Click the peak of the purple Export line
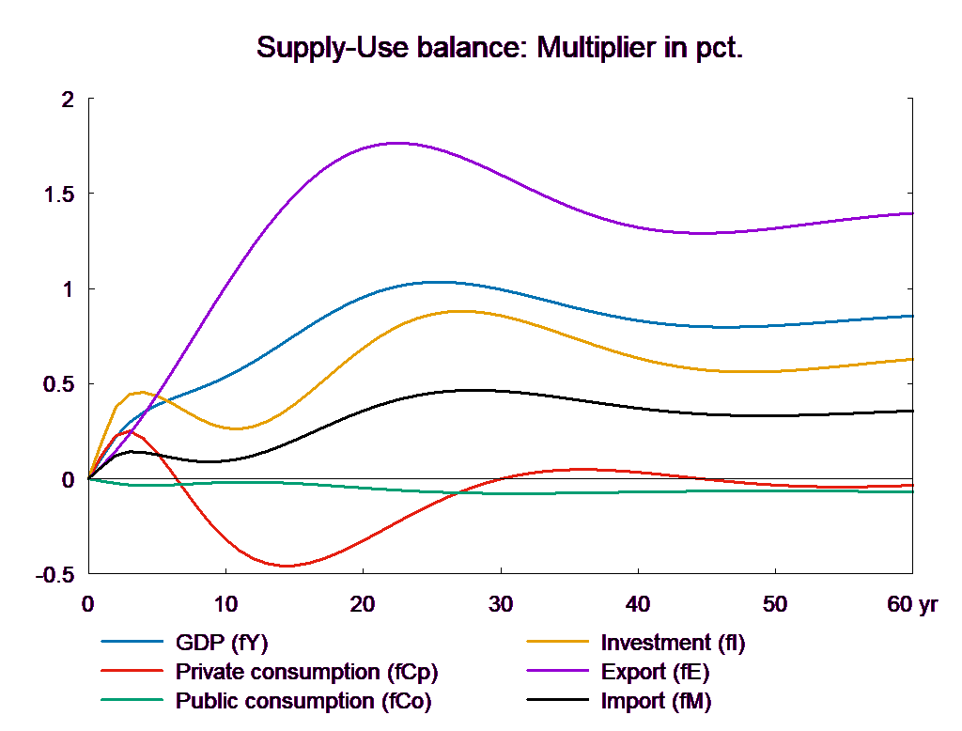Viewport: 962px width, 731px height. pyautogui.click(x=398, y=143)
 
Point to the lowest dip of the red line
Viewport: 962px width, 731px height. pyautogui.click(x=287, y=566)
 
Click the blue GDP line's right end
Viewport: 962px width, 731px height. pyautogui.click(x=914, y=316)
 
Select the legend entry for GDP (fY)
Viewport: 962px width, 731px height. pyautogui.click(x=222, y=644)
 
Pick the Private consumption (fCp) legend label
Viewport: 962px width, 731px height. pyautogui.click(x=306, y=673)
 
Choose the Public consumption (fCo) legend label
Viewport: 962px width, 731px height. pyautogui.click(x=303, y=701)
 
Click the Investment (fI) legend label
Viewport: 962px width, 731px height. pyautogui.click(x=673, y=644)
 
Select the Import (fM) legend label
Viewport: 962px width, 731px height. pyautogui.click(x=656, y=701)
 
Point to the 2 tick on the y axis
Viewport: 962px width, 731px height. pyautogui.click(x=67, y=100)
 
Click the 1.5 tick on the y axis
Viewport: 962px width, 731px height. pyautogui.click(x=59, y=195)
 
